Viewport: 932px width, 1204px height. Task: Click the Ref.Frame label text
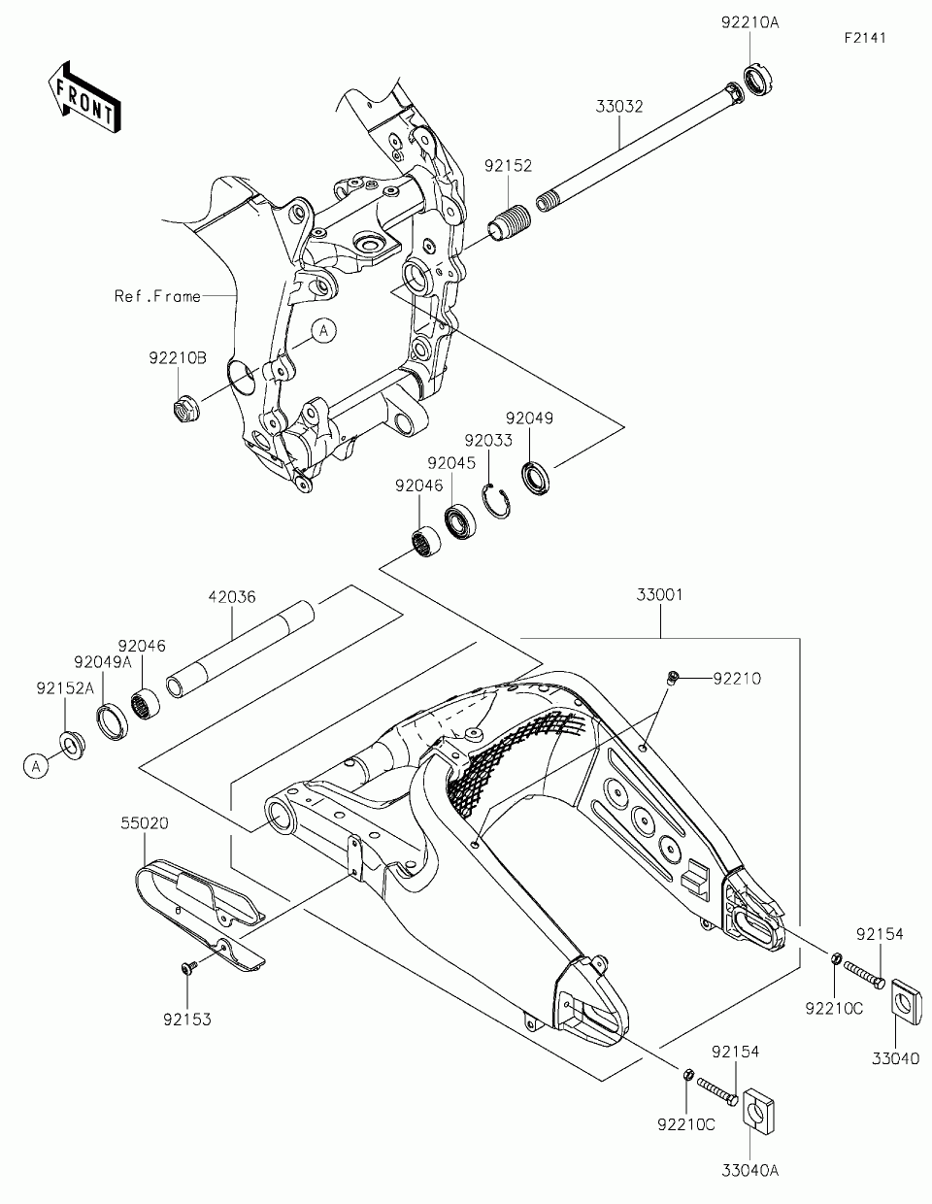tap(157, 296)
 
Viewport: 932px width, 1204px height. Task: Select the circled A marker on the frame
tap(324, 331)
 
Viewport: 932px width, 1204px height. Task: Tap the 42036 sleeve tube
tap(240, 648)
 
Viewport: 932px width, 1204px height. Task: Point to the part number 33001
tap(660, 594)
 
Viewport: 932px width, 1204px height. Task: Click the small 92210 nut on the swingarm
tap(671, 679)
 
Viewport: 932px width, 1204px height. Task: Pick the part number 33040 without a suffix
tap(895, 1058)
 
